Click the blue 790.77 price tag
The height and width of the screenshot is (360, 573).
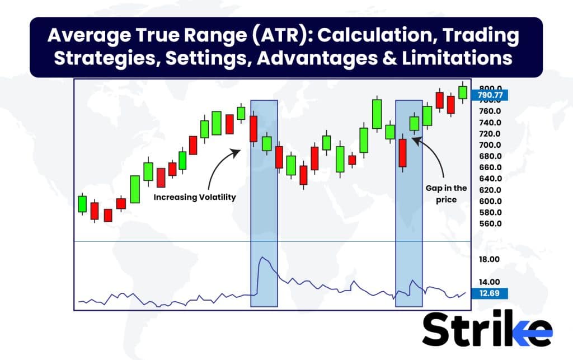(490, 95)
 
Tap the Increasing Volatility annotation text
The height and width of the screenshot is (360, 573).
(195, 197)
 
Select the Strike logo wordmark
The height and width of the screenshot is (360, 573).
(487, 331)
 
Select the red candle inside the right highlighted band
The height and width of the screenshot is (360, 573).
(402, 153)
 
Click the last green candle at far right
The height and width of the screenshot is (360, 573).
(463, 91)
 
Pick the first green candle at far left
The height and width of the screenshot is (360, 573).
(82, 204)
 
